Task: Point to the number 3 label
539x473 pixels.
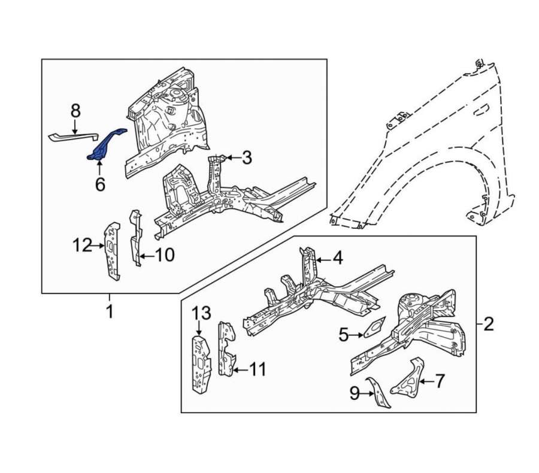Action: [x=247, y=157]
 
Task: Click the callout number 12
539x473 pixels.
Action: [x=83, y=246]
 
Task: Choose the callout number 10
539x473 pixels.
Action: [x=165, y=255]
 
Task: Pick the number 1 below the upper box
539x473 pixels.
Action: [x=110, y=311]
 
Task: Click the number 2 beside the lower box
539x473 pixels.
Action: [x=489, y=324]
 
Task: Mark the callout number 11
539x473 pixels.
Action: [x=258, y=369]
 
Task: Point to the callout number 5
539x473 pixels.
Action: [x=343, y=335]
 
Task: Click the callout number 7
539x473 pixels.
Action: [x=440, y=381]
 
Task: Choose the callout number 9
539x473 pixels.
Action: [x=355, y=393]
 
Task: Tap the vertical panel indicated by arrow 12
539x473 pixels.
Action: [x=113, y=251]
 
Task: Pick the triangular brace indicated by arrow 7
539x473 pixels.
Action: [x=409, y=380]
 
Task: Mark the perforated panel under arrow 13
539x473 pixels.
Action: [x=202, y=365]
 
